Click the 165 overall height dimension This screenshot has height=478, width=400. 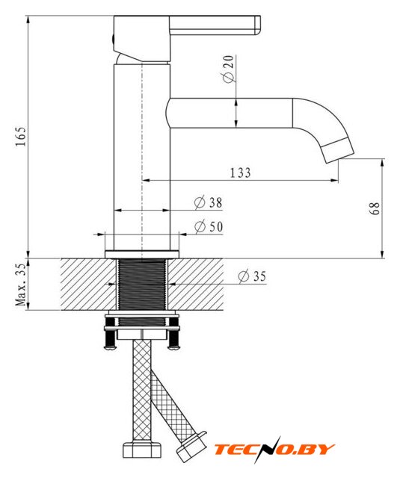22,136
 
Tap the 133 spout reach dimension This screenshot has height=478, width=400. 241,173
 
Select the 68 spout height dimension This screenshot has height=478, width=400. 375,208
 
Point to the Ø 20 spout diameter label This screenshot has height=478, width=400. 229,69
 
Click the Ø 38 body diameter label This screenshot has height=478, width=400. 209,202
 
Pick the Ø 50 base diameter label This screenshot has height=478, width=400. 209,226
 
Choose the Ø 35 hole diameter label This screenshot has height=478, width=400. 252,276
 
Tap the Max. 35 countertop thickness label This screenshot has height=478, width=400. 22,284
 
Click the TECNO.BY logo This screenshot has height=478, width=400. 274,450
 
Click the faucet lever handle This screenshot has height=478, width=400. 215,25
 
